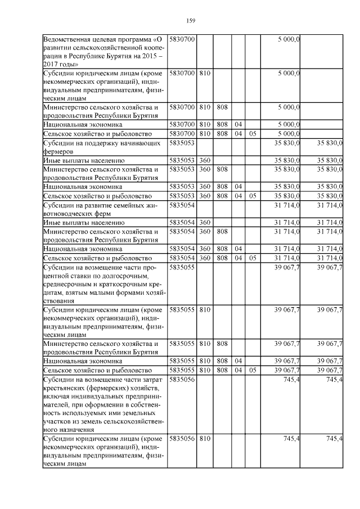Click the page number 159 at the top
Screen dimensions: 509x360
[x=190, y=21]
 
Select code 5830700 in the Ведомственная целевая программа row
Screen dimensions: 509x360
[x=182, y=39]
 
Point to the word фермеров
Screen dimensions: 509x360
[x=58, y=151]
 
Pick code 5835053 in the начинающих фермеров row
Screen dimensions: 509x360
[x=182, y=143]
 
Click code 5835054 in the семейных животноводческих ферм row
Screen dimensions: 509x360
[x=182, y=205]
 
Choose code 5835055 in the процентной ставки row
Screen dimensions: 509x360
[x=182, y=267]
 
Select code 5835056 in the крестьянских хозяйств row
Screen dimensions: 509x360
[x=182, y=380]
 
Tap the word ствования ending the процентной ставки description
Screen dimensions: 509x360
[x=60, y=301]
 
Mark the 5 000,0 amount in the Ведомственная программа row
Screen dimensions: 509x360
[x=289, y=39]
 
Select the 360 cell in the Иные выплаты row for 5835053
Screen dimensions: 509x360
[x=205, y=160]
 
